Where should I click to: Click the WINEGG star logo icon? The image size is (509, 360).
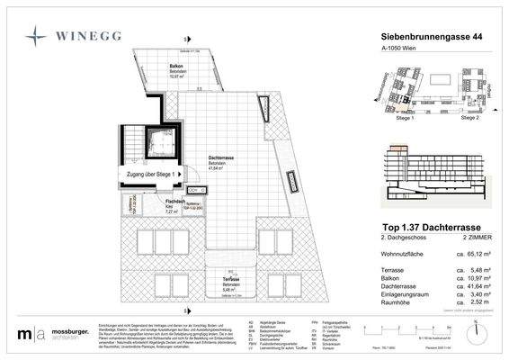click(x=36, y=36)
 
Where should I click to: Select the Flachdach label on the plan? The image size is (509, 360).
click(x=176, y=201)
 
